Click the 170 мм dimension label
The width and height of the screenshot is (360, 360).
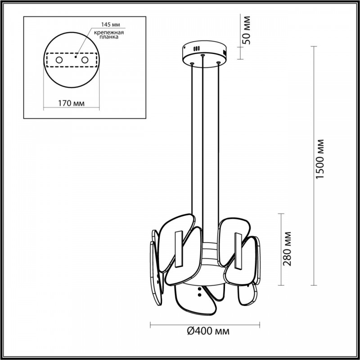point(71,103)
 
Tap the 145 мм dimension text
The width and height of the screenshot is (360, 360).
point(111,24)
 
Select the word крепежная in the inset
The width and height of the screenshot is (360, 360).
point(109,32)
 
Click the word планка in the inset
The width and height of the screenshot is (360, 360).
point(109,37)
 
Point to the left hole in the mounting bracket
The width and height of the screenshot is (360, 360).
point(59,60)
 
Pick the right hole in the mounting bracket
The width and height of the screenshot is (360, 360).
point(85,60)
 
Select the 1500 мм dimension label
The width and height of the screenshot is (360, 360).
point(319,159)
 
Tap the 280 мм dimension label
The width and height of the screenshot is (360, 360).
point(287,249)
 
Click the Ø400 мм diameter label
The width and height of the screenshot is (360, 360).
point(208,331)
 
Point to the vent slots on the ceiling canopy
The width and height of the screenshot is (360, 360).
point(197,49)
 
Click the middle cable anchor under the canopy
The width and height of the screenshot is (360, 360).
point(202,55)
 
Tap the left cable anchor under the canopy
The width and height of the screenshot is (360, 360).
point(192,63)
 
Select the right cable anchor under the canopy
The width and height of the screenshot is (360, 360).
point(218,63)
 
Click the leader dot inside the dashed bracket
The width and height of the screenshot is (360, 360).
point(75,57)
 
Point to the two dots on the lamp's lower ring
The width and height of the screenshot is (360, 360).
point(199,292)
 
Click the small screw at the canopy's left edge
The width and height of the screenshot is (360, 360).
point(184,48)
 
